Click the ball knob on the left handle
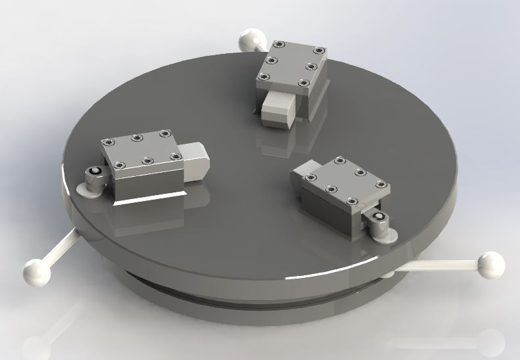tap(34, 270)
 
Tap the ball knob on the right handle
tap(490, 264)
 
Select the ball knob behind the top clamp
tap(250, 41)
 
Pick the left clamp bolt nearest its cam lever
tap(119, 164)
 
